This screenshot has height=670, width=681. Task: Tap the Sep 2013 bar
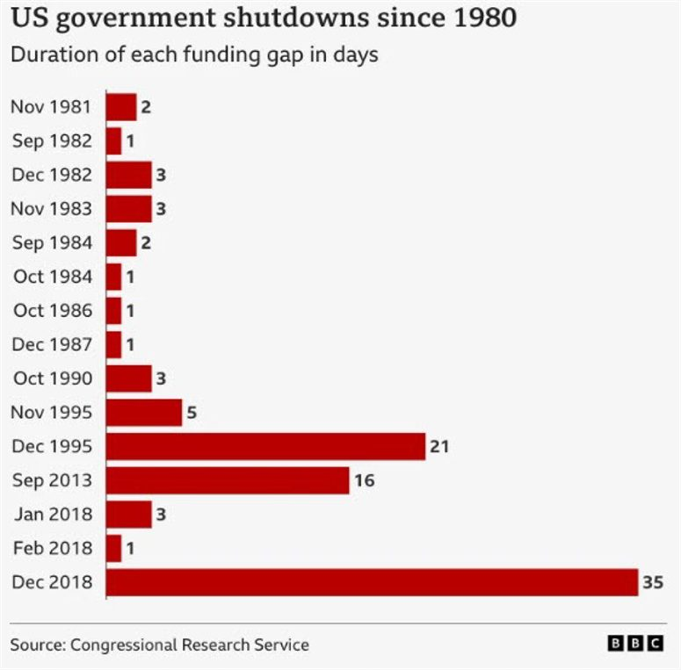[x=228, y=480]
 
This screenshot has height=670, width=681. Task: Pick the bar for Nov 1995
[x=144, y=412]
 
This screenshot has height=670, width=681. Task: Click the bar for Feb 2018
[x=114, y=548]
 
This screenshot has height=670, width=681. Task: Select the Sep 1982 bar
[x=114, y=140]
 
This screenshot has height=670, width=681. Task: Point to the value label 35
[x=653, y=582]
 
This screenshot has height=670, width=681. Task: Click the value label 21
[x=439, y=446]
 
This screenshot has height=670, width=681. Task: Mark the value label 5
[x=191, y=412]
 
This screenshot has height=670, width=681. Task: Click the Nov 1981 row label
[x=51, y=106]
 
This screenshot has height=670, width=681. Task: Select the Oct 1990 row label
[x=52, y=378]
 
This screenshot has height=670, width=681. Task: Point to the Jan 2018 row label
[x=52, y=514]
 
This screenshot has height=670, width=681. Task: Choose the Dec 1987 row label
[x=52, y=344]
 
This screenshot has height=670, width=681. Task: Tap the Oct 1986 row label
[x=52, y=310]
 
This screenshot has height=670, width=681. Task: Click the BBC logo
[x=635, y=645]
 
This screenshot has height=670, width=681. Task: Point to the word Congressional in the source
[x=124, y=645]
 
